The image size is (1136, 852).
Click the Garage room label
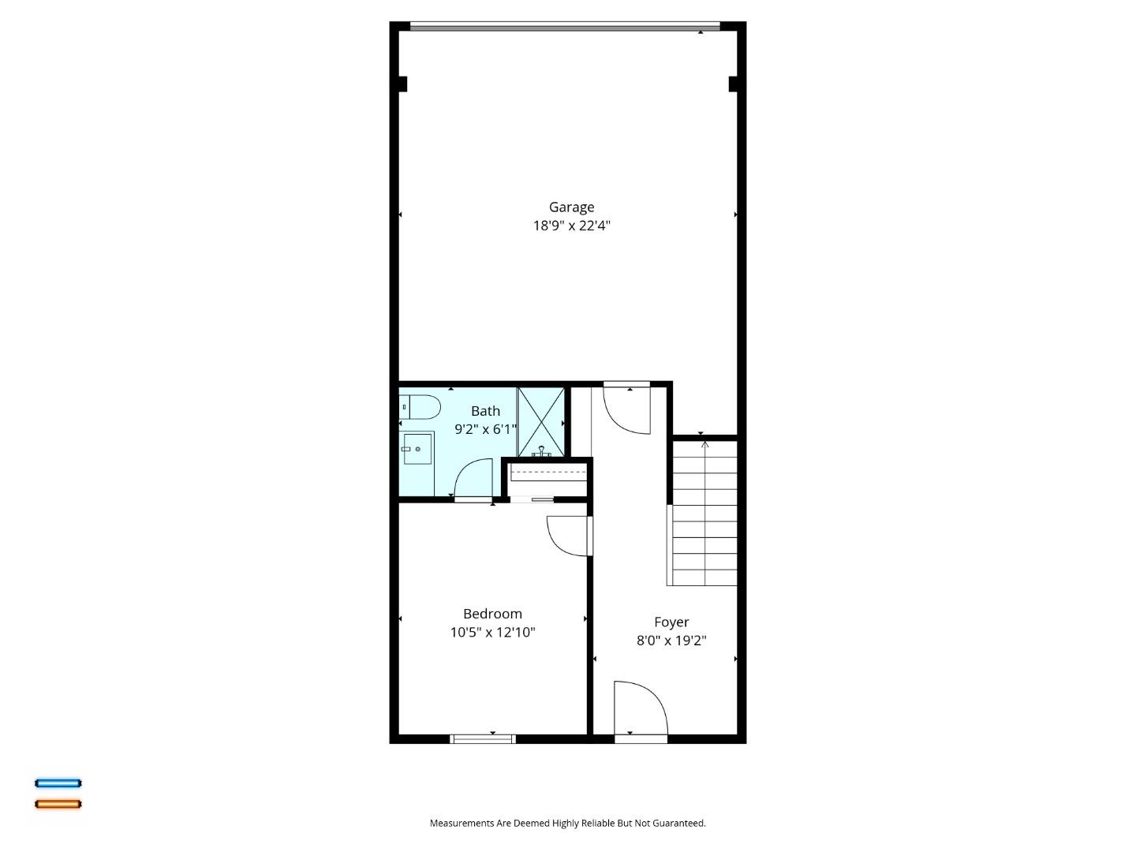click(x=571, y=207)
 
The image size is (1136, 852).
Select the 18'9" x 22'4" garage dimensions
click(x=571, y=226)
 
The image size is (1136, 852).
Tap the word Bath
click(x=485, y=411)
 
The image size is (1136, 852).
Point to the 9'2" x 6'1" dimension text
click(x=485, y=429)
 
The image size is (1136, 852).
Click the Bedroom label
click(x=492, y=614)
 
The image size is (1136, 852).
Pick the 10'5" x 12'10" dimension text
click(x=492, y=632)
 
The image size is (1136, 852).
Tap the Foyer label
click(x=671, y=622)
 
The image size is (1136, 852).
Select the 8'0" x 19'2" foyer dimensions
click(x=671, y=641)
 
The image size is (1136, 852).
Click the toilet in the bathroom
click(x=420, y=407)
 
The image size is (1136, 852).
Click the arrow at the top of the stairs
click(x=704, y=445)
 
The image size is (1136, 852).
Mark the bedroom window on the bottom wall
click(x=483, y=739)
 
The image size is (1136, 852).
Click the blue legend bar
click(x=58, y=783)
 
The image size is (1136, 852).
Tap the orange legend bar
click(x=58, y=804)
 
